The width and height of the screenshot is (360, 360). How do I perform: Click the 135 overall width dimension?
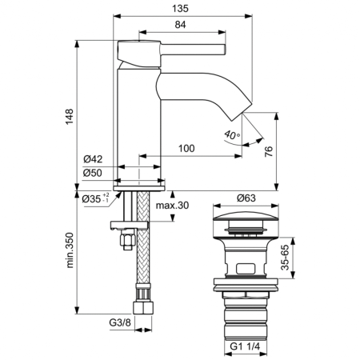pos(180,9)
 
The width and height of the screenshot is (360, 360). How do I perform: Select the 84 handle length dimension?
pos(181,25)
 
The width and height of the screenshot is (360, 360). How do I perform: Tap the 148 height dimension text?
pos(70,117)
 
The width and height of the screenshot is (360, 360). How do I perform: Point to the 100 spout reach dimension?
pos(186,148)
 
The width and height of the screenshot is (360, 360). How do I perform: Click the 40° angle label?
pos(232,135)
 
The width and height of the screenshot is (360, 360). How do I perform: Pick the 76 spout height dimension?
pos(269,151)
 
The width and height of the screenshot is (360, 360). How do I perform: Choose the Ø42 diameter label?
pos(93,159)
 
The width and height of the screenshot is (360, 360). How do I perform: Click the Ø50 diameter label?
pos(93,173)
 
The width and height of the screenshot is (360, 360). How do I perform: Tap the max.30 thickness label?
pos(172,206)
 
